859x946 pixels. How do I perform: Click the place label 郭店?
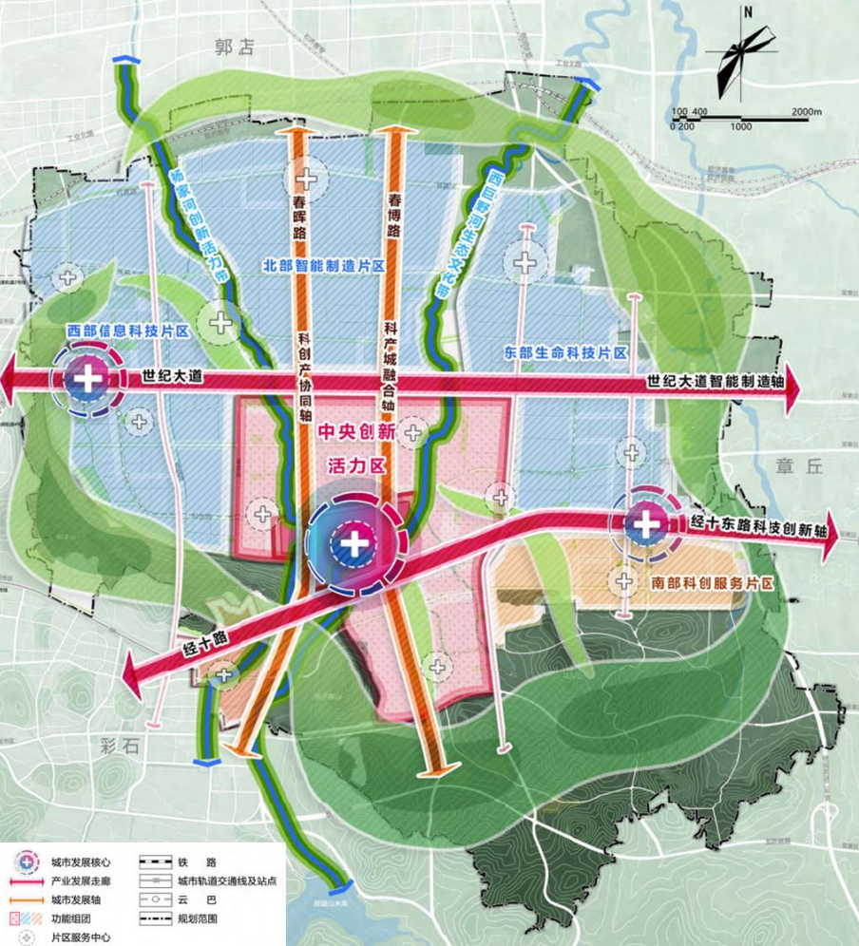click(235, 47)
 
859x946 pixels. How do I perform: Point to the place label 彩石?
click(117, 747)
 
